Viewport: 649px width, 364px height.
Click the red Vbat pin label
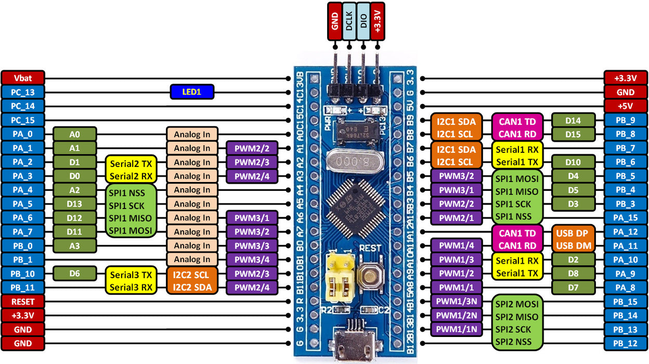(x=23, y=78)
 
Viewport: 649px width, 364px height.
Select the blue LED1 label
(x=192, y=92)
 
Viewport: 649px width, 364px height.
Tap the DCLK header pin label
(x=349, y=21)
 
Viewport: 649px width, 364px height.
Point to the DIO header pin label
(x=364, y=21)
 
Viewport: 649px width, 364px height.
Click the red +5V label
(x=626, y=106)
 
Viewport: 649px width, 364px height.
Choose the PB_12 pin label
(x=626, y=343)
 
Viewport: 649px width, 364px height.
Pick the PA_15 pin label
(x=626, y=218)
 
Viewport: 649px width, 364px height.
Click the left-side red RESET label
(x=23, y=301)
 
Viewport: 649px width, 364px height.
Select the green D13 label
(x=75, y=204)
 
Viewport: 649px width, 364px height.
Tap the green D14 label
(x=573, y=120)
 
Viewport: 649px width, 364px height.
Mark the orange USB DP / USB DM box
(x=573, y=239)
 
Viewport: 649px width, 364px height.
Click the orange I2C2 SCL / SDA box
(x=192, y=280)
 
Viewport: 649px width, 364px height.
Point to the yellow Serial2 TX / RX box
(x=131, y=169)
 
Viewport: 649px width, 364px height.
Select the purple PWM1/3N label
(x=457, y=301)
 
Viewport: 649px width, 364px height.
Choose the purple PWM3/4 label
(x=252, y=259)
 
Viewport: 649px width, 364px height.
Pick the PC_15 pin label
(x=23, y=120)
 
